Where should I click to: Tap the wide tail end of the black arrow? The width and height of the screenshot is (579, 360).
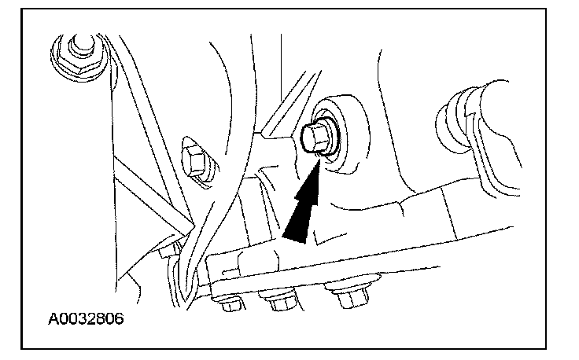pos(291,233)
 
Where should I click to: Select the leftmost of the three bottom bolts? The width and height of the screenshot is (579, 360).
pos(231,303)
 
